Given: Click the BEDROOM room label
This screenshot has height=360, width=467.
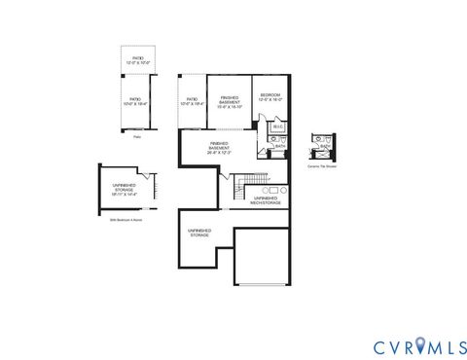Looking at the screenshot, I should [x=269, y=97].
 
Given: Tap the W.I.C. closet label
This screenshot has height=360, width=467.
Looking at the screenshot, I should [x=277, y=126].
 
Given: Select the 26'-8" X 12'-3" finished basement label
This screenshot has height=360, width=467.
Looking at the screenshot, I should [x=219, y=148].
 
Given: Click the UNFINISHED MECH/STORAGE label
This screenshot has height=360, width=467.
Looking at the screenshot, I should [x=266, y=200].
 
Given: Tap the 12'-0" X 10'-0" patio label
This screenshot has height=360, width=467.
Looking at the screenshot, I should [x=138, y=61].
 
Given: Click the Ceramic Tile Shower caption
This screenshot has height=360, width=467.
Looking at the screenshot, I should [x=321, y=166].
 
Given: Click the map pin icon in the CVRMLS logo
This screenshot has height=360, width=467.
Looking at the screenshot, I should [x=421, y=345].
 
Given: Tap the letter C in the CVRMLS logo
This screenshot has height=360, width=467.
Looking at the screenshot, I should [x=379, y=347].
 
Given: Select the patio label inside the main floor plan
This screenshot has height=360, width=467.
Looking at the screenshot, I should [x=193, y=101].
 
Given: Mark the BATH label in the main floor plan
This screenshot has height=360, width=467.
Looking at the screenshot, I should [x=279, y=146].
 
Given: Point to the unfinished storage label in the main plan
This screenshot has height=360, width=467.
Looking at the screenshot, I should [x=199, y=233].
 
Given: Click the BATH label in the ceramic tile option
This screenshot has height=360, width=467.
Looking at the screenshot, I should [x=324, y=147].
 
